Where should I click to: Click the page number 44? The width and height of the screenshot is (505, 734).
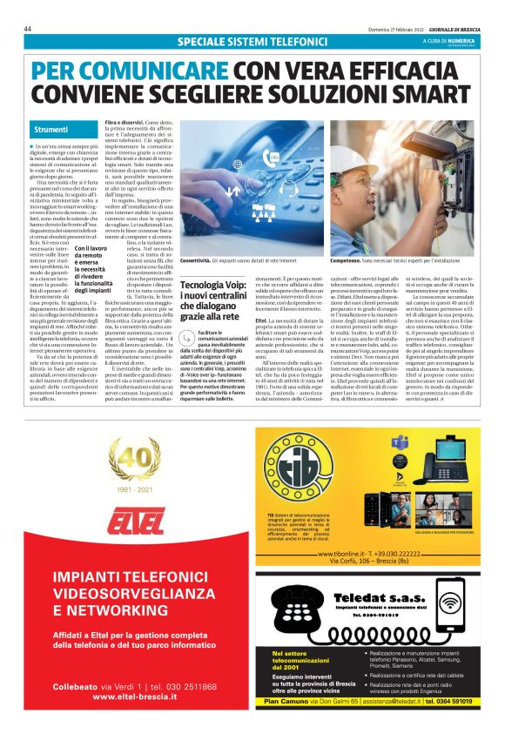coord(28,29)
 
